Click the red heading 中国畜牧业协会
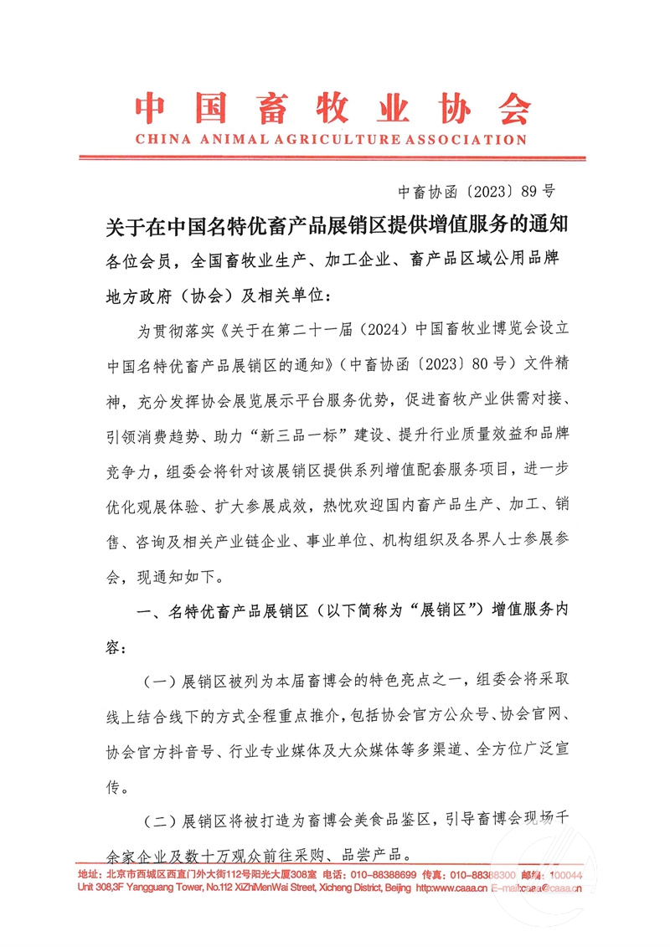tap(333, 107)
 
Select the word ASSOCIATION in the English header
tap(460, 140)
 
